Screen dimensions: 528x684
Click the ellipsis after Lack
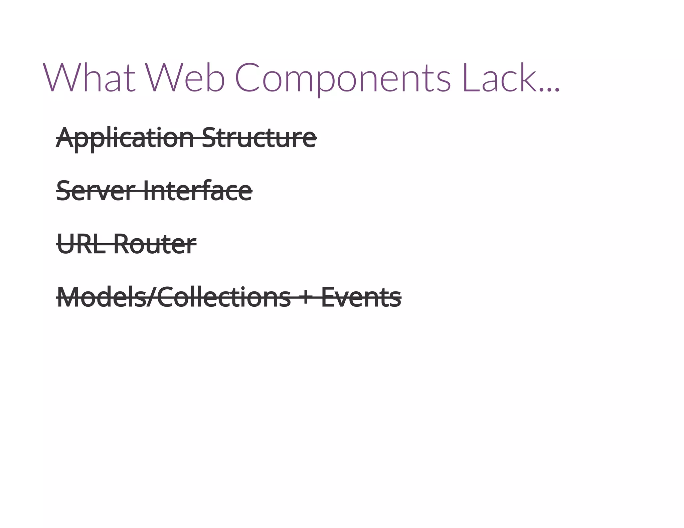coord(550,89)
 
